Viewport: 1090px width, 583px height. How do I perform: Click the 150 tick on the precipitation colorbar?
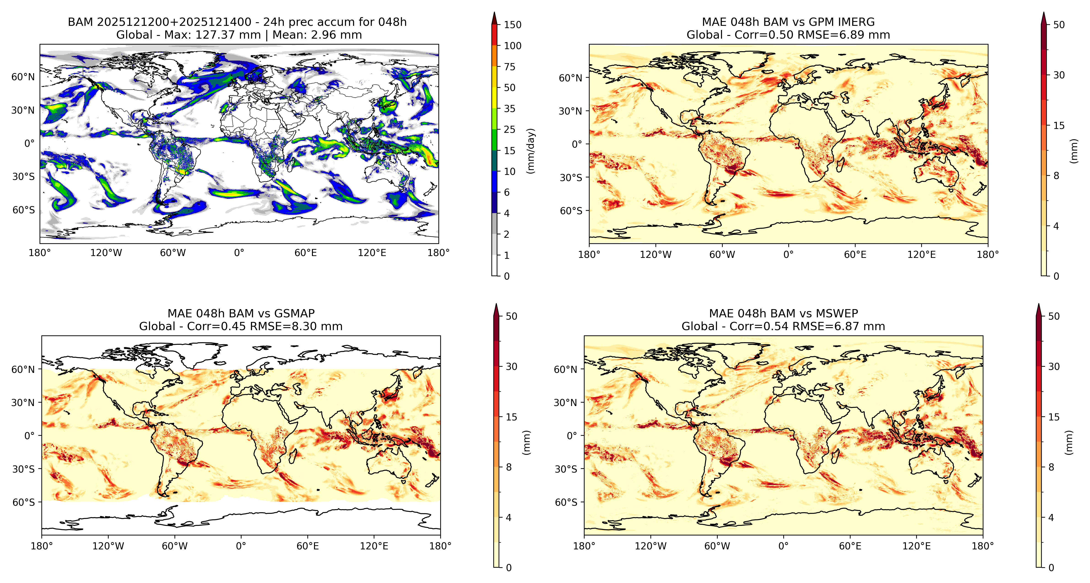pyautogui.click(x=513, y=24)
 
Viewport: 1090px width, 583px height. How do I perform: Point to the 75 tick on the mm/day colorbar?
pyautogui.click(x=510, y=67)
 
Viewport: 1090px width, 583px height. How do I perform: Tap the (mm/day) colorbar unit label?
pyautogui.click(x=531, y=151)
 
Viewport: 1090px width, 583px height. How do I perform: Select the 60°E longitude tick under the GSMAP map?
pyautogui.click(x=308, y=546)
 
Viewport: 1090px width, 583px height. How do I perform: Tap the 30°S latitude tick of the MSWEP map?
pyautogui.click(x=566, y=469)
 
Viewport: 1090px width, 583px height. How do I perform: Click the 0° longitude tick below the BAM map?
pyautogui.click(x=239, y=253)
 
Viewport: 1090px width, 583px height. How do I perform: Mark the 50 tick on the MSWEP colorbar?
pyautogui.click(x=1054, y=316)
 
